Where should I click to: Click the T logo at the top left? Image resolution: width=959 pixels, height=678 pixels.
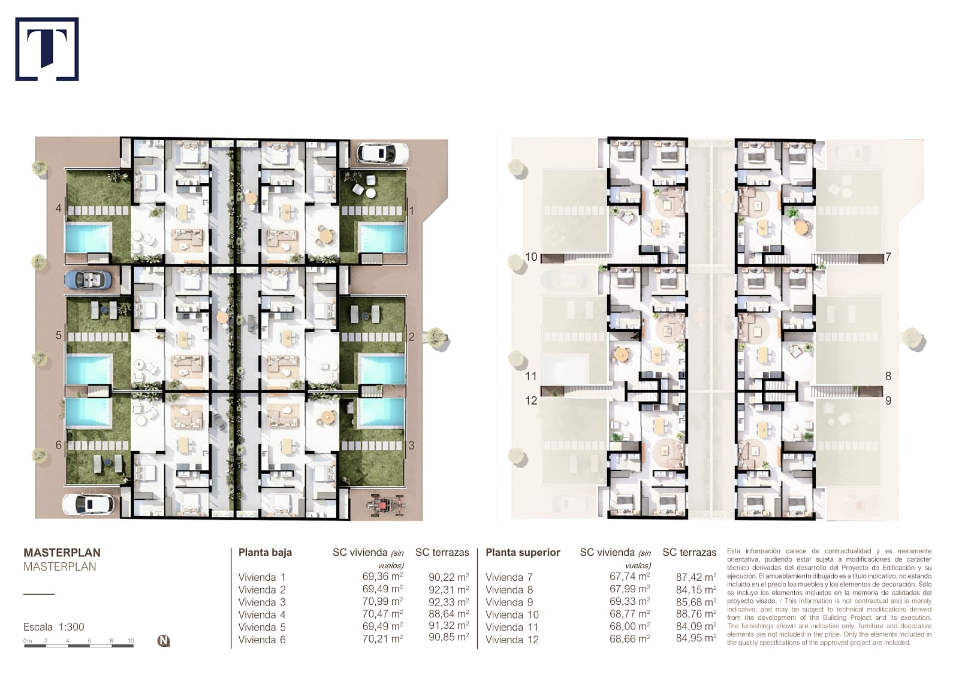(x=47, y=49)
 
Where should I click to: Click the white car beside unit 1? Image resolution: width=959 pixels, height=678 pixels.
(x=382, y=153)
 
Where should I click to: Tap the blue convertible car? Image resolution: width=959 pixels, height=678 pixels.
(x=89, y=280)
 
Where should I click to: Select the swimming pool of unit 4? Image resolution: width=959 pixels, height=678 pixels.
(x=89, y=237)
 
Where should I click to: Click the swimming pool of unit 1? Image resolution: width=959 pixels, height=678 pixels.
(x=381, y=238)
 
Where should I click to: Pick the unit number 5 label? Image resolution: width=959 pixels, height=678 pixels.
(x=59, y=335)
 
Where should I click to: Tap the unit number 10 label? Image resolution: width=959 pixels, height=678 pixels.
(x=531, y=257)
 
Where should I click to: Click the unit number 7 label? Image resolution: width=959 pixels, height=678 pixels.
(x=888, y=257)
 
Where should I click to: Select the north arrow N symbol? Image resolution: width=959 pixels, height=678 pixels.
(x=163, y=641)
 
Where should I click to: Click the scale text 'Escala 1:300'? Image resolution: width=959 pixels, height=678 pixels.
(x=54, y=627)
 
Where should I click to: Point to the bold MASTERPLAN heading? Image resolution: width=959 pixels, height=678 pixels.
(x=62, y=553)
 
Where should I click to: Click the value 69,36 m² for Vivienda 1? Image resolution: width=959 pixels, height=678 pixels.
(x=383, y=577)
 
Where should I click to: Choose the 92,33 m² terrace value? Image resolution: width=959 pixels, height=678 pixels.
(x=449, y=602)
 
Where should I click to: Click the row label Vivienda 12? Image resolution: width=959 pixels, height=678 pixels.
(x=512, y=640)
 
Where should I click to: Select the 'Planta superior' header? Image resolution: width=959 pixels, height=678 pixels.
(x=523, y=553)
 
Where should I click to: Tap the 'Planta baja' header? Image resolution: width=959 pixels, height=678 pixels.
(x=265, y=553)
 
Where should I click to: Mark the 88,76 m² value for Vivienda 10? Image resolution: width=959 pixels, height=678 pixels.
(x=696, y=614)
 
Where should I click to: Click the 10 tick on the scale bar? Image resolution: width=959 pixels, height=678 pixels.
(x=131, y=641)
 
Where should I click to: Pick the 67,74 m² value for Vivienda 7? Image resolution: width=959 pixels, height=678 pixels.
(x=630, y=577)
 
